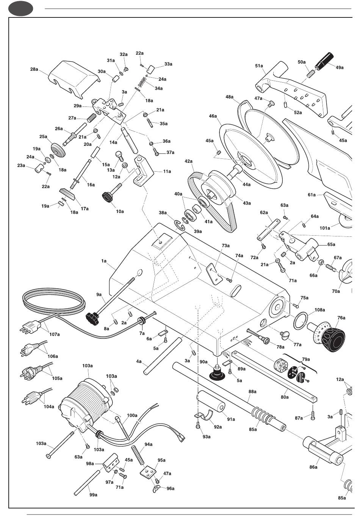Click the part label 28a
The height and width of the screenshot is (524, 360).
[x=34, y=69]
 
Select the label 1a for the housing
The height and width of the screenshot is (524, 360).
[x=104, y=261]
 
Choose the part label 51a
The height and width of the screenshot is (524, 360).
[x=259, y=66]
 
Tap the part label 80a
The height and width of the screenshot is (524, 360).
[x=285, y=397]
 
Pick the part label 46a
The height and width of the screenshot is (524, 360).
[x=213, y=116]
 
